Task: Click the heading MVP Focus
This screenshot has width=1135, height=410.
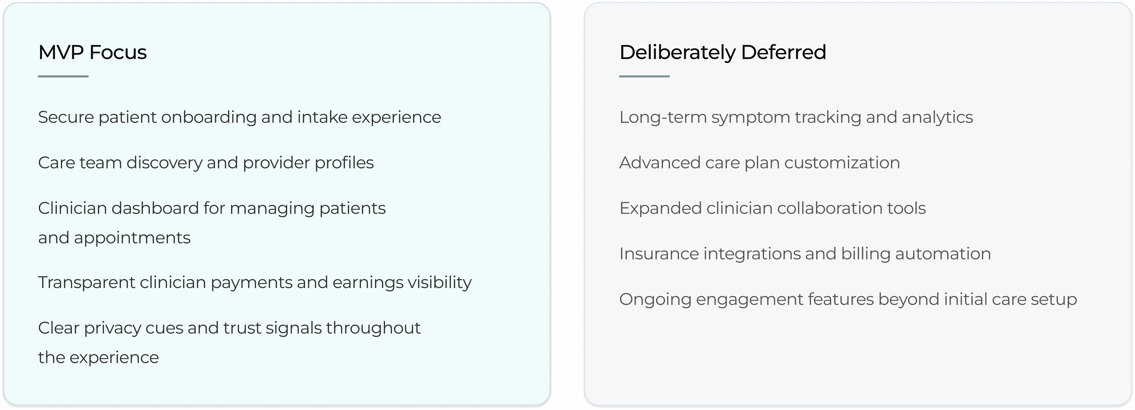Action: [x=92, y=52]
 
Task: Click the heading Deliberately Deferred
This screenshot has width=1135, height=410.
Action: [x=723, y=52]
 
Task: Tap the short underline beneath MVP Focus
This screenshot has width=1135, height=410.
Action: [x=63, y=76]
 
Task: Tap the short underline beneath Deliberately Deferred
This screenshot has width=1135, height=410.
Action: [x=644, y=76]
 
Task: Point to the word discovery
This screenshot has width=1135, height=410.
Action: [x=164, y=163]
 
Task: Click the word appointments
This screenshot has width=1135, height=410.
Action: [x=132, y=238]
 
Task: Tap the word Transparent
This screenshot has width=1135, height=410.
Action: [x=86, y=282]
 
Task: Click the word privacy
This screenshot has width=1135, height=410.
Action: [x=112, y=328]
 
